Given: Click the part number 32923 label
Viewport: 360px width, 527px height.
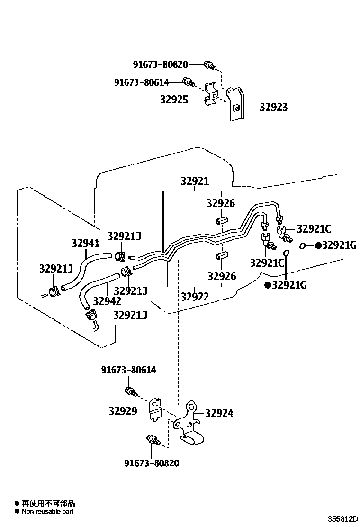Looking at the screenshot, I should coord(273,107).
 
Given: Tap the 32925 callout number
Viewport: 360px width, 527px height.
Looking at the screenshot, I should coord(174,100).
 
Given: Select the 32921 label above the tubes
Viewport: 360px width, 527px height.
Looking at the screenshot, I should coord(194,181).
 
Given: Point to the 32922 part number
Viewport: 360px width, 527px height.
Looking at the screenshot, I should coord(195,297).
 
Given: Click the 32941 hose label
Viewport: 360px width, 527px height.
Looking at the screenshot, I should coord(86,243).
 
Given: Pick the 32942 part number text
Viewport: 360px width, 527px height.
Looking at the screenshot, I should coord(107,300).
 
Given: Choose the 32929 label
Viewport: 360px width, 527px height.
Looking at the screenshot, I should coord(123,411).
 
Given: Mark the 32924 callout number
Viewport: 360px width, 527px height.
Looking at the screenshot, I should coord(219,414).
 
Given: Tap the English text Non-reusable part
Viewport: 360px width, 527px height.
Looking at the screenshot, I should coord(47,511).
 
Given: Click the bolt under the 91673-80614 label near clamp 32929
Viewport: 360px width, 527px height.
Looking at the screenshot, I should coord(130,391).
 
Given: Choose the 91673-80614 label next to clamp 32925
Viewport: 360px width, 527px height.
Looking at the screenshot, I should coord(141,82).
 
